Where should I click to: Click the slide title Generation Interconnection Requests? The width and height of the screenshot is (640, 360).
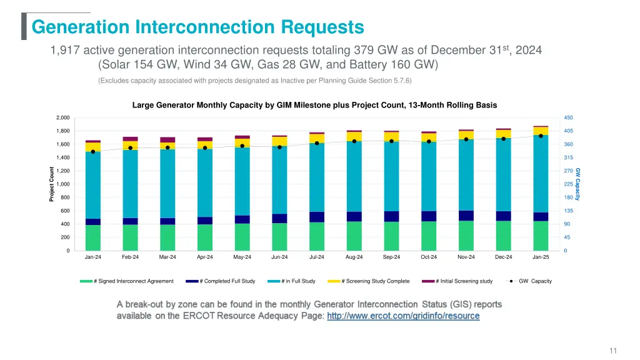(x=197, y=27)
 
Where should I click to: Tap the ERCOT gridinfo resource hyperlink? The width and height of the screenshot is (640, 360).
(x=403, y=316)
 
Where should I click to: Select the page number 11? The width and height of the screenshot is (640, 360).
(x=613, y=351)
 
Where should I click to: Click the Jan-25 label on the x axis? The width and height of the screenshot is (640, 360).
(x=541, y=257)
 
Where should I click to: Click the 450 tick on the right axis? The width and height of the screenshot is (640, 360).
(x=568, y=117)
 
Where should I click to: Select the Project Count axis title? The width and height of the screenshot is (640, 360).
(x=52, y=184)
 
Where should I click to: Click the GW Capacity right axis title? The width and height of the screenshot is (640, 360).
(x=578, y=184)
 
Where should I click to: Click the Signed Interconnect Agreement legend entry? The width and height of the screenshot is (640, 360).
(x=127, y=281)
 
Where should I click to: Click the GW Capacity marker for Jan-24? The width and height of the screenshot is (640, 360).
(x=93, y=152)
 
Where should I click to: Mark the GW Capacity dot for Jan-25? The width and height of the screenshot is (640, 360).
(x=541, y=136)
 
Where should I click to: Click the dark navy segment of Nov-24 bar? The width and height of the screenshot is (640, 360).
(x=466, y=216)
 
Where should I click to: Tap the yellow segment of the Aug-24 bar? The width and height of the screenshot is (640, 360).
(x=354, y=136)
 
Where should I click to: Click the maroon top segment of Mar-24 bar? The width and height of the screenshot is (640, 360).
(x=167, y=139)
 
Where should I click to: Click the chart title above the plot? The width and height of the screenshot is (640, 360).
(x=314, y=105)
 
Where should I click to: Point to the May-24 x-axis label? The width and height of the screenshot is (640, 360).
(x=242, y=257)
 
